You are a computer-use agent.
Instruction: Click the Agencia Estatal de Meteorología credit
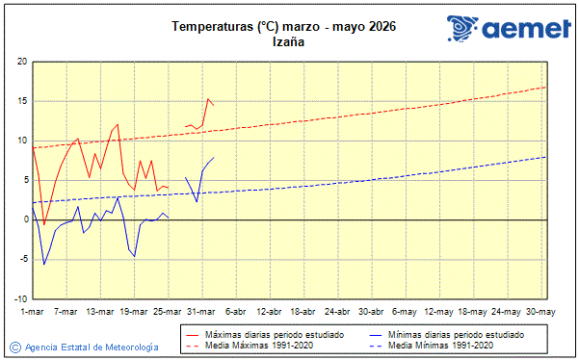coord(91,347)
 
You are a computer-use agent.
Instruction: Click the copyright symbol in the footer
coord(14,347)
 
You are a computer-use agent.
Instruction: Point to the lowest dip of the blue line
coord(43,264)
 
